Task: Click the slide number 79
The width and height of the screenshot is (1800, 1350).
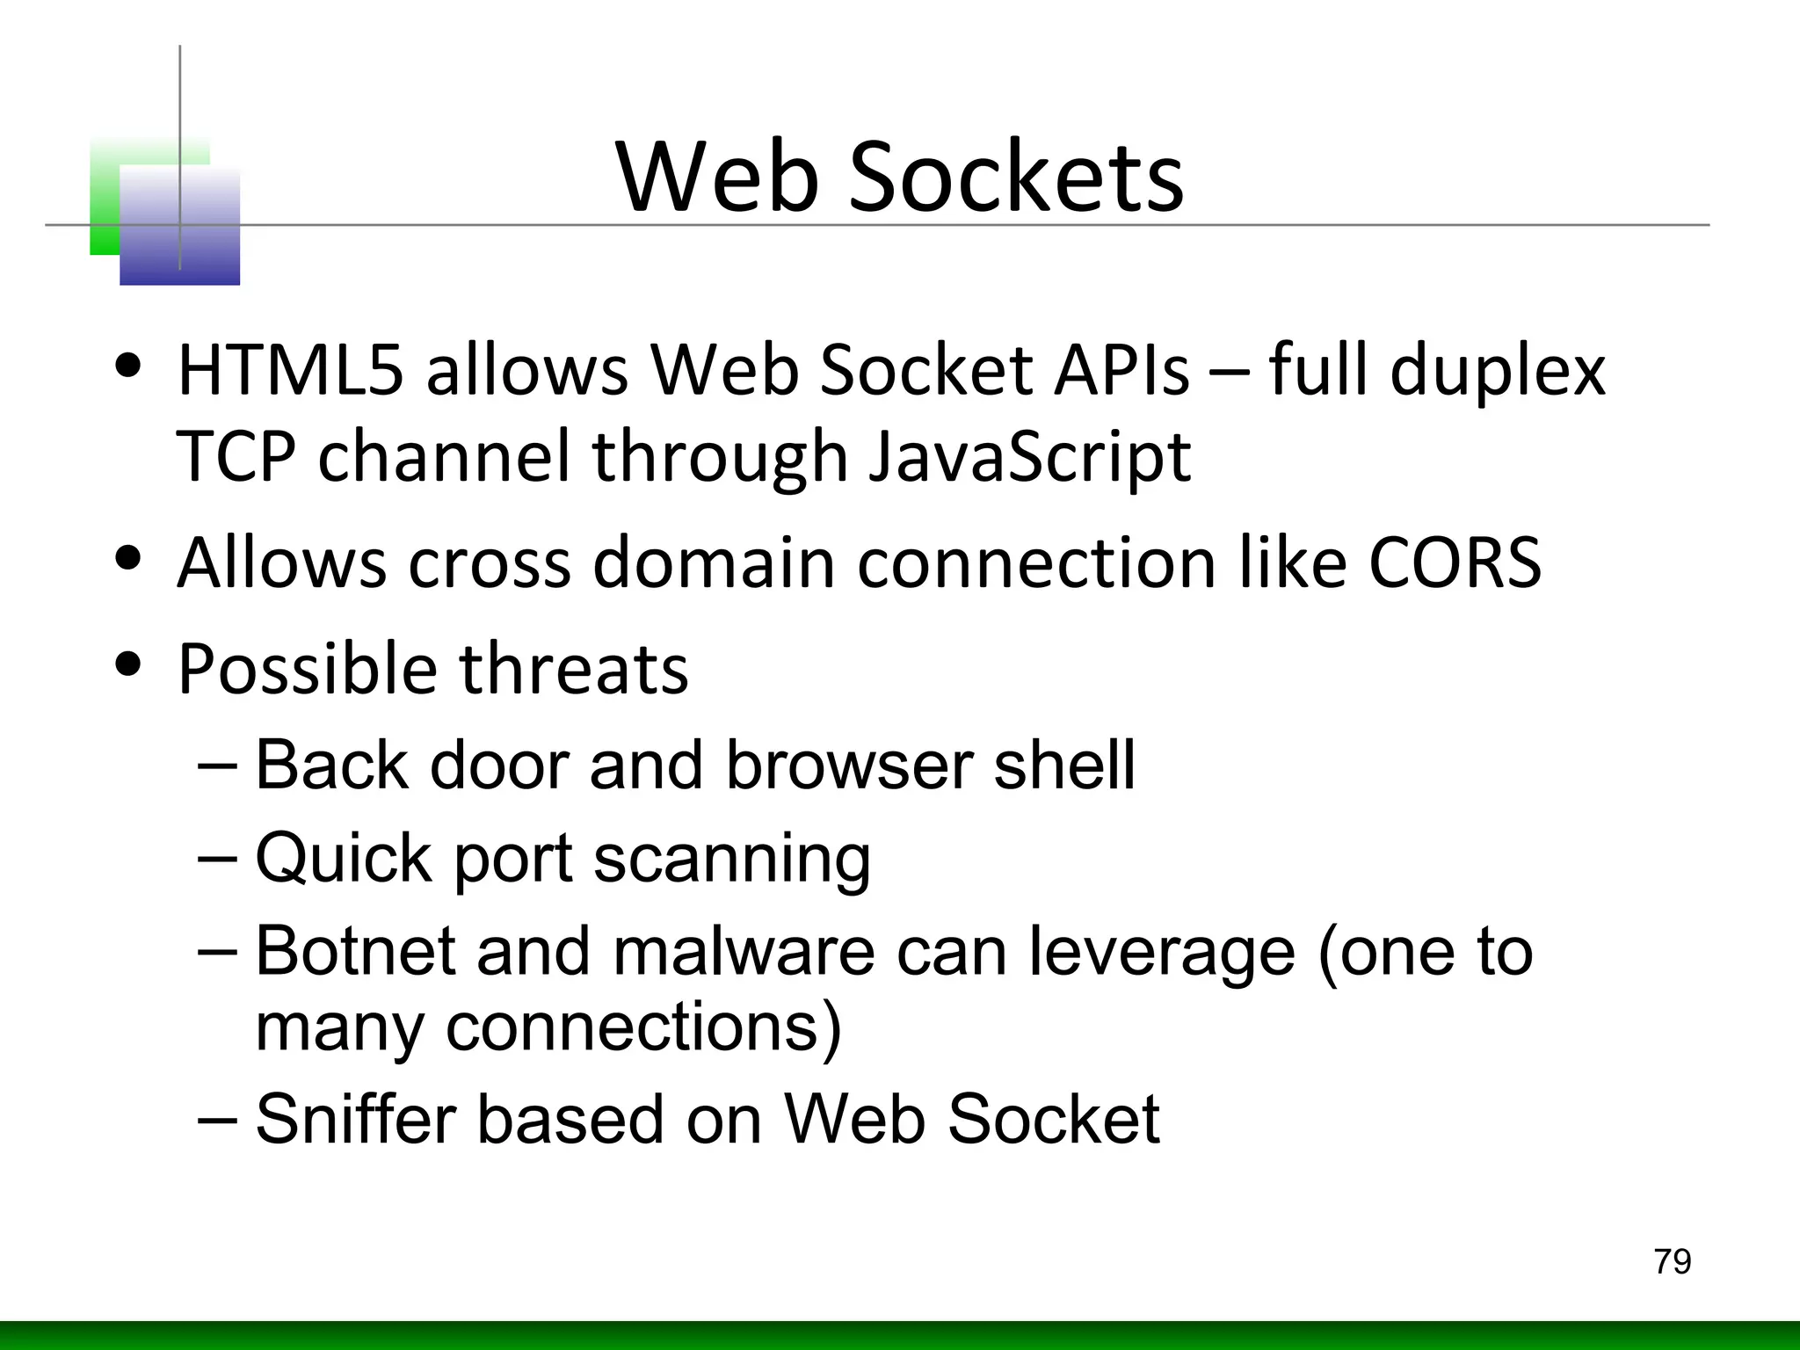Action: pos(1672,1261)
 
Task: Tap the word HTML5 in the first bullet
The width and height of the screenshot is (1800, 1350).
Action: pos(290,371)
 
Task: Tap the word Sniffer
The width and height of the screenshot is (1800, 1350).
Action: pos(354,1119)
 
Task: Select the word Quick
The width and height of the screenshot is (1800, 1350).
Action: pos(344,858)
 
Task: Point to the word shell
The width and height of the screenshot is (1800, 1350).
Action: pos(1063,765)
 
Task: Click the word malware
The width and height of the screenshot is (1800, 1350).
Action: pos(744,951)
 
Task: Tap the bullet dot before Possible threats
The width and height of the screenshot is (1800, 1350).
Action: pos(129,665)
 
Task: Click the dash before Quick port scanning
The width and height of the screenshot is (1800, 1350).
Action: pos(218,857)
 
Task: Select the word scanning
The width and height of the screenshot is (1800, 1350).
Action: pos(731,860)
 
